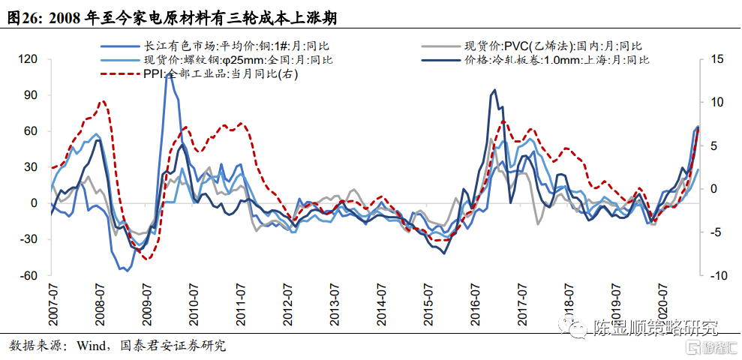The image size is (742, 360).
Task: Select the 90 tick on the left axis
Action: click(31, 95)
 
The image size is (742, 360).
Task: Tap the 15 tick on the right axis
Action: click(716, 58)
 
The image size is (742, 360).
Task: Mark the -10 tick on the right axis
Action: click(716, 275)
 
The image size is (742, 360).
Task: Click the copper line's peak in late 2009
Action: click(167, 74)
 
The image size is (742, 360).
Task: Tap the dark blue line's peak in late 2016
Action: click(494, 91)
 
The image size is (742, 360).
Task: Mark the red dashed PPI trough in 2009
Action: click(148, 259)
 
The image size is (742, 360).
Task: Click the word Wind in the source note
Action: click(95, 346)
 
